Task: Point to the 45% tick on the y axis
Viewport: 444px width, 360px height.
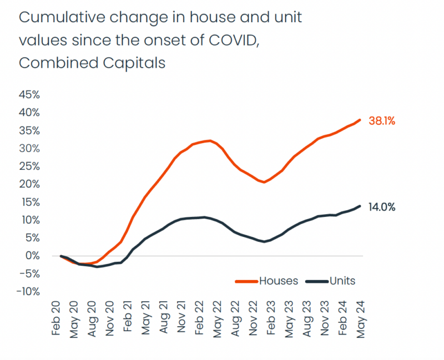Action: pos(29,94)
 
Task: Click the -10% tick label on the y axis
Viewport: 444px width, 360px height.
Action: pos(28,292)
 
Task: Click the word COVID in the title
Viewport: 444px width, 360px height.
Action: pos(230,40)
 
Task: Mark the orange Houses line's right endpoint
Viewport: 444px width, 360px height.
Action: pos(360,119)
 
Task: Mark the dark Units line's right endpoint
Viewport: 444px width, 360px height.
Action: pos(360,206)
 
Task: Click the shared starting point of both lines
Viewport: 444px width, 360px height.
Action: pos(60,256)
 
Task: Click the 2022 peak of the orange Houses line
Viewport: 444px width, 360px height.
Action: pos(208,140)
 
